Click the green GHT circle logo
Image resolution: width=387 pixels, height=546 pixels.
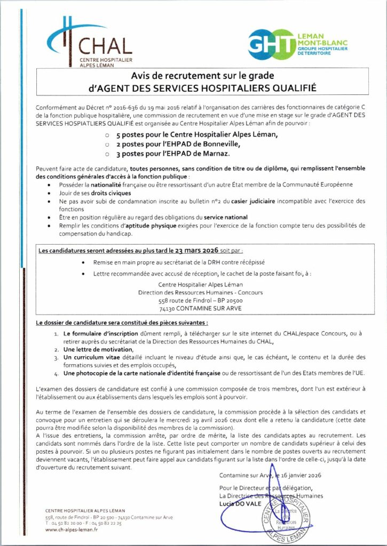pyautogui.click(x=271, y=42)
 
